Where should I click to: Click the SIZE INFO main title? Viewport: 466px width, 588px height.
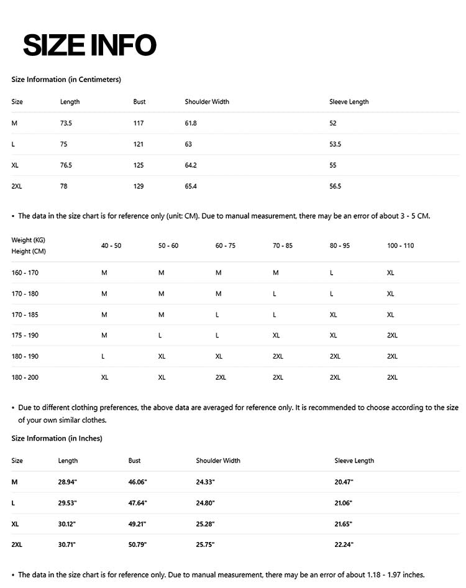click(89, 45)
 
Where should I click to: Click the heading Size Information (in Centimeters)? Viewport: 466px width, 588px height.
click(66, 80)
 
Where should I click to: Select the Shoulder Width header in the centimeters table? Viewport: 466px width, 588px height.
click(207, 102)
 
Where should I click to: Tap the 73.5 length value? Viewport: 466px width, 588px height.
click(66, 123)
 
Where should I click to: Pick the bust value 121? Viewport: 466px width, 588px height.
click(138, 144)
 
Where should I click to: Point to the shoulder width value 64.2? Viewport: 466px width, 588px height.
click(191, 165)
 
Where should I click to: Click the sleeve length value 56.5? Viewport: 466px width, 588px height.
click(335, 186)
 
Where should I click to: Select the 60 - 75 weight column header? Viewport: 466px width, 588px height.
click(226, 246)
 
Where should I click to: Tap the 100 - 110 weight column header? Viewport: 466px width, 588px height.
click(400, 246)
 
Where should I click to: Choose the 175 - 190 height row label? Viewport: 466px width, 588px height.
click(25, 336)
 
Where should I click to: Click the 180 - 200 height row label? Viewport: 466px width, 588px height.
click(25, 377)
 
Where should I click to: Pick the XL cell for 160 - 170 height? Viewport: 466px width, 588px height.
click(390, 273)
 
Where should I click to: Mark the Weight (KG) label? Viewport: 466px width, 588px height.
click(28, 240)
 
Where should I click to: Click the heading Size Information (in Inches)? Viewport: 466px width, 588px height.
click(57, 438)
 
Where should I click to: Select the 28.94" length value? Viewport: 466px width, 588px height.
click(67, 482)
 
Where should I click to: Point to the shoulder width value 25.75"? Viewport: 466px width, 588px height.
click(205, 545)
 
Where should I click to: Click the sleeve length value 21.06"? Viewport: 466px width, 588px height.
click(344, 503)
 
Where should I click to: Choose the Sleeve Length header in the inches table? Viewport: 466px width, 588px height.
click(354, 461)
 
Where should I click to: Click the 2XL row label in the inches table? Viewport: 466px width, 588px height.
click(17, 545)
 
